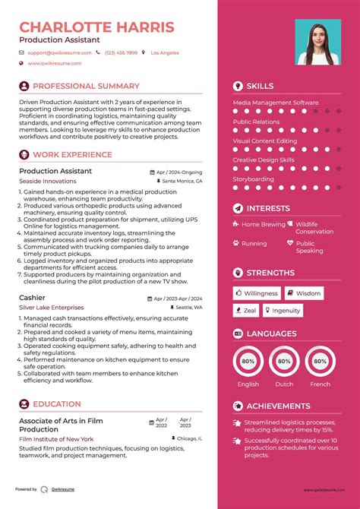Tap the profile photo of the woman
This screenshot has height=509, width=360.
(314, 43)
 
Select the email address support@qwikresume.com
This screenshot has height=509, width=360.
(60, 53)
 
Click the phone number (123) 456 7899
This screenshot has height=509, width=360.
(122, 53)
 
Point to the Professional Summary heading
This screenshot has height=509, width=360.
(86, 87)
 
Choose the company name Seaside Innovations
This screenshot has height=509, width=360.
(47, 182)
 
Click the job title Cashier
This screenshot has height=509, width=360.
(32, 297)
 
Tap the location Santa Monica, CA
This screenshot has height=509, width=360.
(182, 182)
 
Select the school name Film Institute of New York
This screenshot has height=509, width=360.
(56, 438)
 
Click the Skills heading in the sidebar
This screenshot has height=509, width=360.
(260, 87)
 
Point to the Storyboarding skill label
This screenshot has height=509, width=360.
(253, 179)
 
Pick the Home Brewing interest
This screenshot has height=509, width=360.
(263, 225)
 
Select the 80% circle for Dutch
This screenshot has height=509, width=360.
(284, 362)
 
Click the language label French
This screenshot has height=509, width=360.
(321, 384)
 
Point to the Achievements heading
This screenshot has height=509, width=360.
(278, 406)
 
